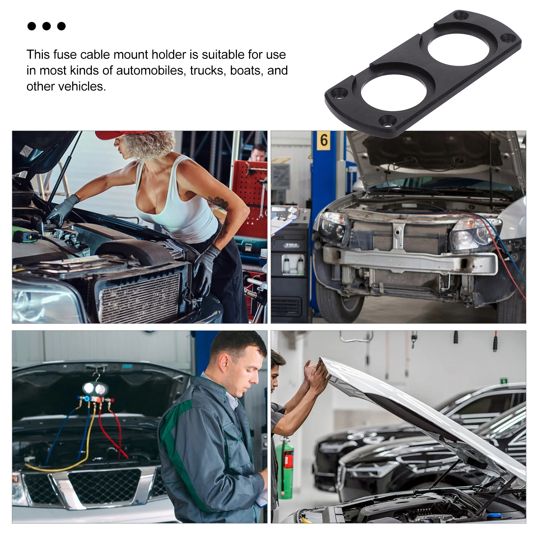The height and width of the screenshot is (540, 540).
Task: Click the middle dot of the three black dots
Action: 47,26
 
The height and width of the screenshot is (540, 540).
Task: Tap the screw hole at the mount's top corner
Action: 460,15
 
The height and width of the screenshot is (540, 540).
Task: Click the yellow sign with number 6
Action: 324,140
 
